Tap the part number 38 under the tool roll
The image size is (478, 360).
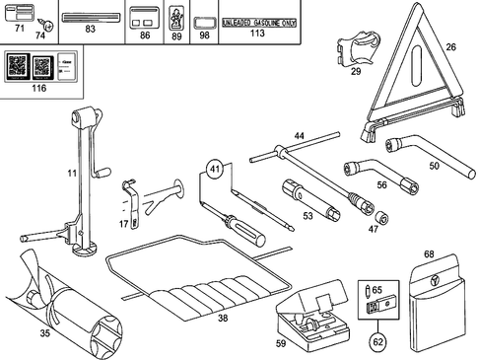(223, 319)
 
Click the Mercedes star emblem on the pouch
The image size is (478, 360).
(434, 284)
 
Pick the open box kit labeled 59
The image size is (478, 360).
(309, 316)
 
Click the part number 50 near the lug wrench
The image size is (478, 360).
(434, 166)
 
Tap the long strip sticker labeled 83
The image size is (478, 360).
(90, 19)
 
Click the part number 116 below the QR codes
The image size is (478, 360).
(38, 90)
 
